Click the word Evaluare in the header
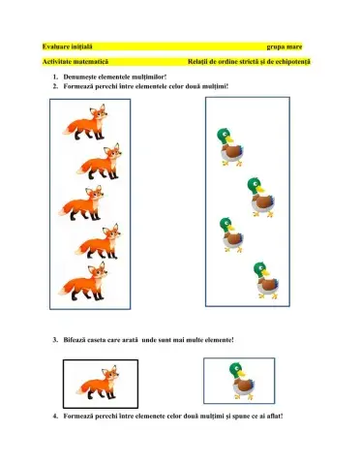click(x=58, y=46)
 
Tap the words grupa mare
click(x=285, y=46)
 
